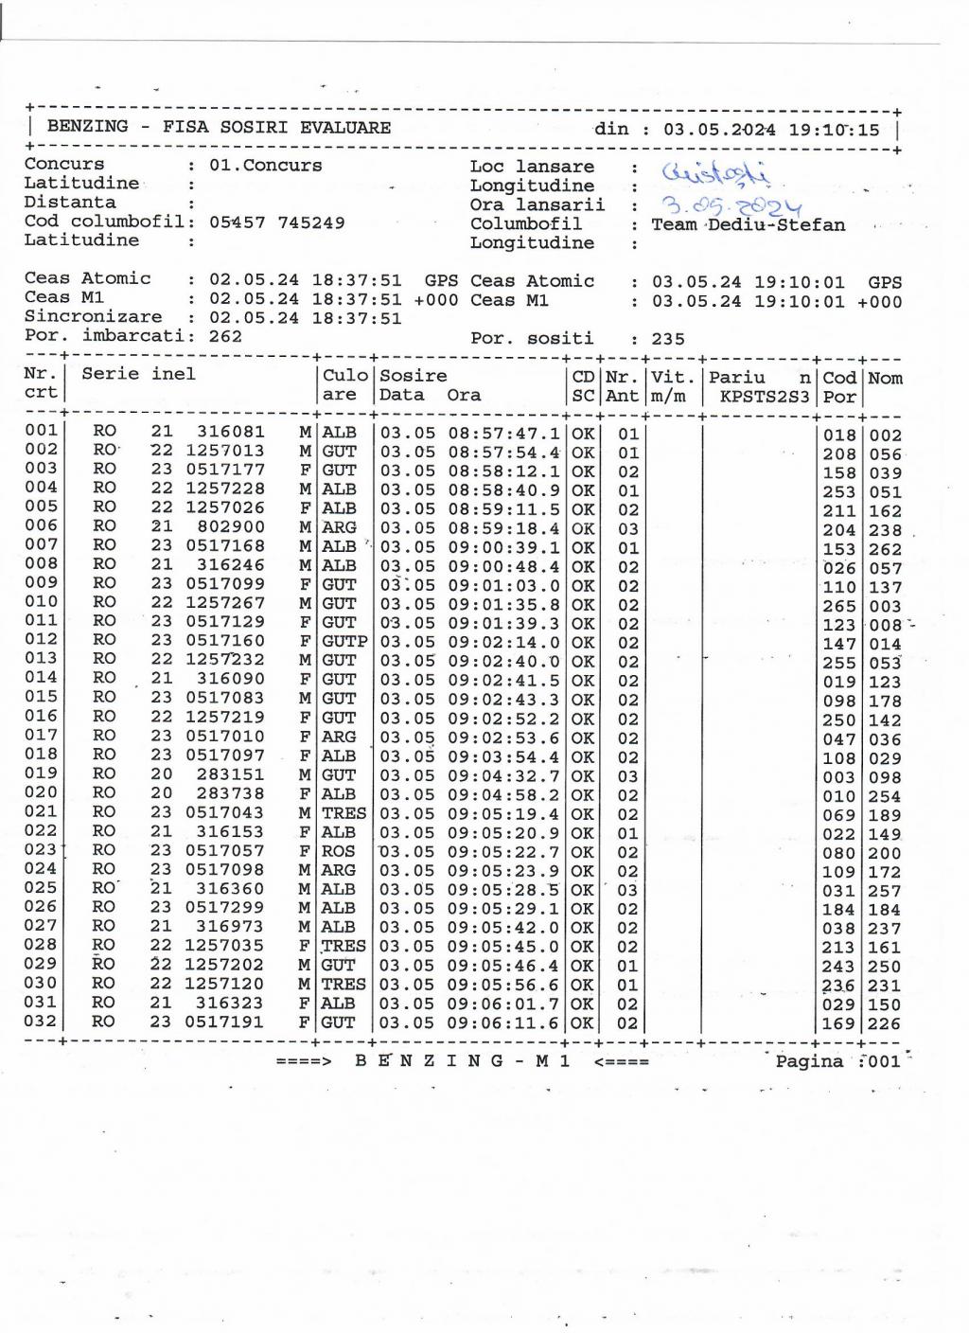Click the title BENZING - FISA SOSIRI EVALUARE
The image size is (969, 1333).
(219, 127)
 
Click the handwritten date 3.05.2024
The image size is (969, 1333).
(731, 205)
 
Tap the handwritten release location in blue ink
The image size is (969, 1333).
(716, 173)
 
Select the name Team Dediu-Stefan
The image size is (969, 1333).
(748, 224)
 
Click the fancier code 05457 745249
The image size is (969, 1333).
(276, 222)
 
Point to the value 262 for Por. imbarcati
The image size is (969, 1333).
(225, 336)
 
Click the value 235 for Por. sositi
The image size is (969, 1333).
(668, 339)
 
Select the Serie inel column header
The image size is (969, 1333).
(138, 374)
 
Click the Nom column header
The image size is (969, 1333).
(885, 378)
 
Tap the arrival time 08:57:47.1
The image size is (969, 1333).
(503, 434)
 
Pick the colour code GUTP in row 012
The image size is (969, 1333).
(344, 642)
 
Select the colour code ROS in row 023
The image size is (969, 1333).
(339, 851)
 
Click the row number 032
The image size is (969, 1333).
(41, 1021)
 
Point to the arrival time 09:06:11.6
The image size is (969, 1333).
(503, 1023)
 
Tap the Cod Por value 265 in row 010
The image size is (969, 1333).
(838, 606)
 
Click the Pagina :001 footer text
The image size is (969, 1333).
(837, 1061)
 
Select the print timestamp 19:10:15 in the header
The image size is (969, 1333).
(834, 130)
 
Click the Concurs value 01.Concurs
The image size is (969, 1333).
(265, 166)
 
